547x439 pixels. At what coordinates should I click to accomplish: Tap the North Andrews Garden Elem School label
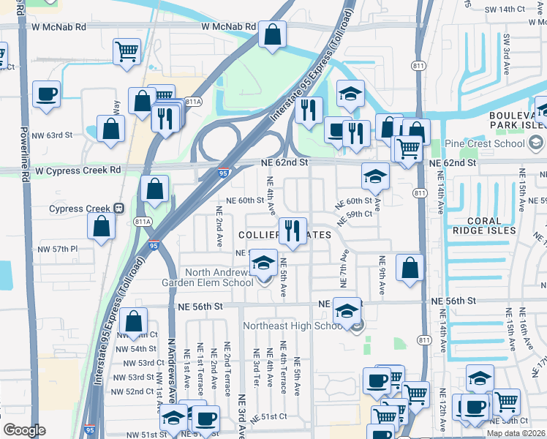(x=208, y=278)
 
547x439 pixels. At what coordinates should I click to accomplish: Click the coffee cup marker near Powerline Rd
(x=46, y=94)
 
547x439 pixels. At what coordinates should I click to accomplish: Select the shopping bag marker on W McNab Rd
(x=272, y=34)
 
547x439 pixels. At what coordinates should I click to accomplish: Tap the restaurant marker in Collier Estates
(x=293, y=230)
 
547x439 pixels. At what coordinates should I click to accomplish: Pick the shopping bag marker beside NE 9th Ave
(x=410, y=267)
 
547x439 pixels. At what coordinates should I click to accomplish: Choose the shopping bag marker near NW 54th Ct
(x=133, y=320)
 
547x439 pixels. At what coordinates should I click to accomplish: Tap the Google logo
(x=24, y=429)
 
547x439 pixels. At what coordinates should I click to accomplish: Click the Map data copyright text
(x=515, y=433)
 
